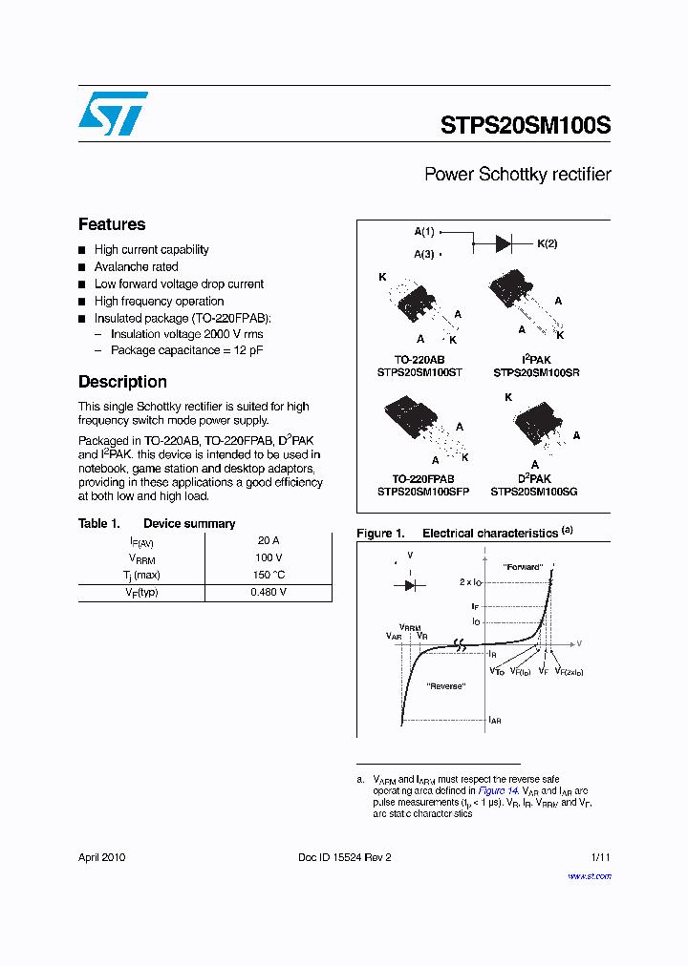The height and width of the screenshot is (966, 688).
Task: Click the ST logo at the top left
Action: click(112, 114)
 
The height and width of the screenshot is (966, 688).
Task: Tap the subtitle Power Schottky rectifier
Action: click(517, 175)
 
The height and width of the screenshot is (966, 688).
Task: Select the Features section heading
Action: click(112, 224)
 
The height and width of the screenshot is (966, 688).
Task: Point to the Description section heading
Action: click(122, 382)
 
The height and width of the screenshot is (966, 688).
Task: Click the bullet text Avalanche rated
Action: click(136, 267)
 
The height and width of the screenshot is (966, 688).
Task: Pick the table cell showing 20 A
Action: click(268, 540)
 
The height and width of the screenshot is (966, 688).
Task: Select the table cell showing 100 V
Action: click(268, 557)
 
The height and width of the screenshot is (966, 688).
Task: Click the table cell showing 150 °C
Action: click(268, 575)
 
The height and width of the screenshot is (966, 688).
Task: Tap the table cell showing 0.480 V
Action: click(268, 592)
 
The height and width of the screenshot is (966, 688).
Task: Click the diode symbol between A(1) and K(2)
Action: click(505, 243)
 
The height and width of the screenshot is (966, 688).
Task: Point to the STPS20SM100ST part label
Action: click(419, 372)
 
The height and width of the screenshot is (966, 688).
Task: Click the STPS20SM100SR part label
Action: click(536, 372)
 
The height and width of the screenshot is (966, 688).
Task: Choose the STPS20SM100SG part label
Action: click(534, 492)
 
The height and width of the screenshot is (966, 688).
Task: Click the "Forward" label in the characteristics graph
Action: click(524, 567)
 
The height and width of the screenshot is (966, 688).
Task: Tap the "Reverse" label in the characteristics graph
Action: click(445, 686)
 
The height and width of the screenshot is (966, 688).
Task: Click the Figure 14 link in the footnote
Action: click(498, 791)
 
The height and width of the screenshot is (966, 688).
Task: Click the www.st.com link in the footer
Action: click(590, 875)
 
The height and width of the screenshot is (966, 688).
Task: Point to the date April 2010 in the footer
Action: click(101, 857)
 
